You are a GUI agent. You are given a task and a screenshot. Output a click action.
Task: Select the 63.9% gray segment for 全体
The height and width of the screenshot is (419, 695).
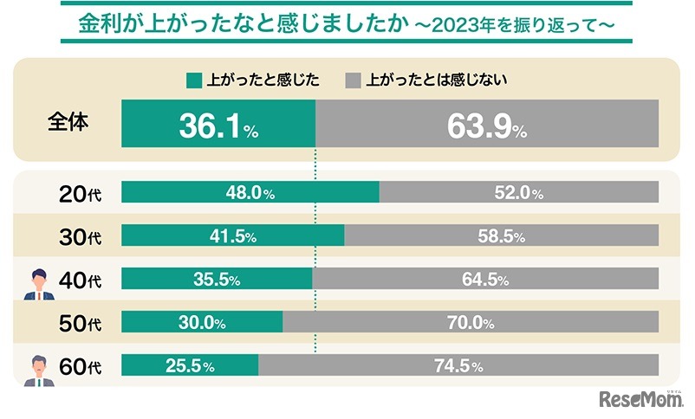486,127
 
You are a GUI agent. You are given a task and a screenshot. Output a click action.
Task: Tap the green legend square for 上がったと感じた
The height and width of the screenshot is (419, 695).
193,81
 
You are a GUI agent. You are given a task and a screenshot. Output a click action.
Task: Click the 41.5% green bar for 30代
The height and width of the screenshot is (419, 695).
232,235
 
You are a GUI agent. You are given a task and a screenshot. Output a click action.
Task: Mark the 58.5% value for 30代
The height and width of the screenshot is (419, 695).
518,235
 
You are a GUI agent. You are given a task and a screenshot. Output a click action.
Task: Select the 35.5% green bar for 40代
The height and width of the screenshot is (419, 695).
217,279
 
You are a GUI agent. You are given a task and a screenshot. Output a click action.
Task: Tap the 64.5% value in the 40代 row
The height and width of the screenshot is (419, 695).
518,279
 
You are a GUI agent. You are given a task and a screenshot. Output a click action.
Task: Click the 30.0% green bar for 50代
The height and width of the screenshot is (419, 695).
201,322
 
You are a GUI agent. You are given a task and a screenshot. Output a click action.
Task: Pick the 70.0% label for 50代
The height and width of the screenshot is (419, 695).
470,323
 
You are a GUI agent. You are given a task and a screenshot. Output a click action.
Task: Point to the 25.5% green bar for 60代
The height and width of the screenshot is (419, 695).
190,365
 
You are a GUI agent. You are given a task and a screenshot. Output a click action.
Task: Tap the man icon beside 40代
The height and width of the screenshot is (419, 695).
39,285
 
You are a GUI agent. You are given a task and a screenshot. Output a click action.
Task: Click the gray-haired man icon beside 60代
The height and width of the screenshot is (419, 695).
39,371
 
